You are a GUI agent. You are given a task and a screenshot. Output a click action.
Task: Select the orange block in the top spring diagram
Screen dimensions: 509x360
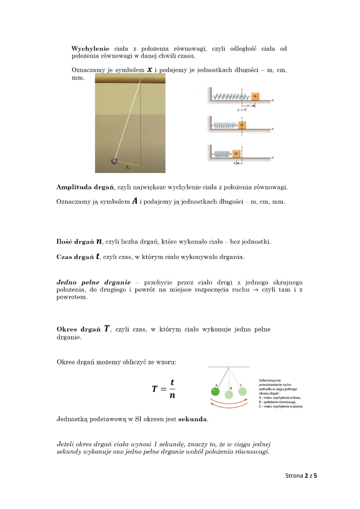[255, 96]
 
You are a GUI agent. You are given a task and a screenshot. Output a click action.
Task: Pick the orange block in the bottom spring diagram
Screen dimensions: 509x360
[237, 153]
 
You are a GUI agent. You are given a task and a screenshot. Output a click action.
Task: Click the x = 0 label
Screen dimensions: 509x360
[242, 110]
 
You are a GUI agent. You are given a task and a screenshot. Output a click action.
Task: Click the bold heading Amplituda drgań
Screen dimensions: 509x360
[85, 187]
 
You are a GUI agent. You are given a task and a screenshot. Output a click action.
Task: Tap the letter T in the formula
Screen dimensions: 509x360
[156, 389]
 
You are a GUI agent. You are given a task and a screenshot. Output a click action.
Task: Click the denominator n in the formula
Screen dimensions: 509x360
[172, 396]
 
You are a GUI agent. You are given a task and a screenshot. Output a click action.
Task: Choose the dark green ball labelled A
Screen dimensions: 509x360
[215, 392]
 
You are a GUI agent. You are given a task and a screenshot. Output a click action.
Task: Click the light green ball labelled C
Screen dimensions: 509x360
[242, 391]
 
